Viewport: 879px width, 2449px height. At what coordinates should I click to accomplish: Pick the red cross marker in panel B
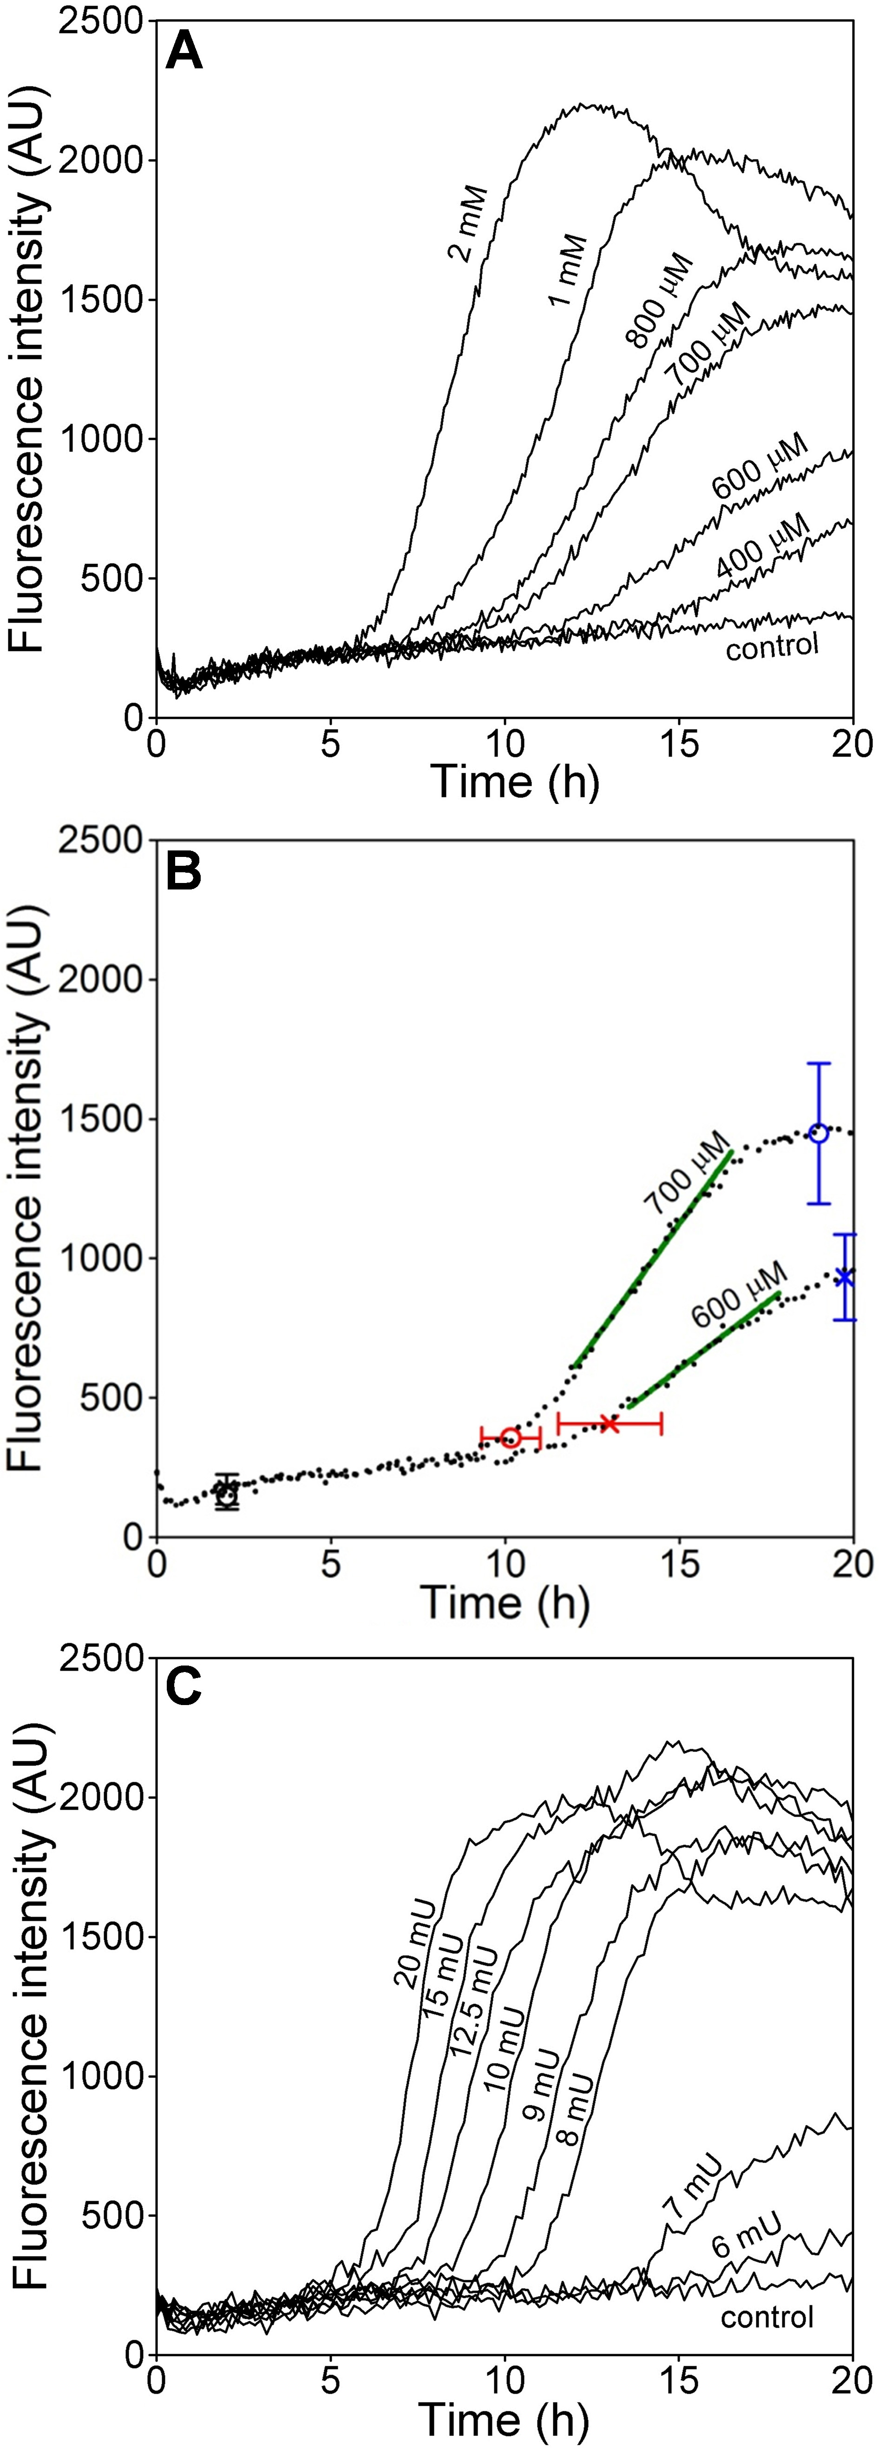point(609,1423)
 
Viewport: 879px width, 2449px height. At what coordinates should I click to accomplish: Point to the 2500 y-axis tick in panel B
point(100,840)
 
